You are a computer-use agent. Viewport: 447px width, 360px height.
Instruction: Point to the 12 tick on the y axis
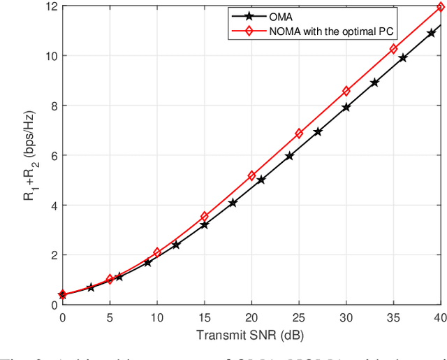(50, 6)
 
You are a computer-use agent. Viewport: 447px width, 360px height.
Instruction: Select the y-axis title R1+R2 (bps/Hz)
(27, 155)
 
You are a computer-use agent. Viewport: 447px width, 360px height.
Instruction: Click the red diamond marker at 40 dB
(441, 7)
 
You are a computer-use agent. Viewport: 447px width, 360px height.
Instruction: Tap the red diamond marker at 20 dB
(251, 176)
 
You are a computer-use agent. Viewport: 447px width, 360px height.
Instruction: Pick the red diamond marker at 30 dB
(346, 91)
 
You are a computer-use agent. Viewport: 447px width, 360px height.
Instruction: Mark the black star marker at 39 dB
(431, 33)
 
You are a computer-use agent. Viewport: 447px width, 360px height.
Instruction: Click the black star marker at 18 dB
(233, 203)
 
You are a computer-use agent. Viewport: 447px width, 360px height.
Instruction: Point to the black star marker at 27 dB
(318, 131)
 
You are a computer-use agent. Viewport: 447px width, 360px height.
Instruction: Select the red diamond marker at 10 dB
(157, 252)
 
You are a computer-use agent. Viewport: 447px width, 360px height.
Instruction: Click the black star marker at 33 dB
(374, 82)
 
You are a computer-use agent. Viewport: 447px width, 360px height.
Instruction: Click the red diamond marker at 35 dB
(393, 49)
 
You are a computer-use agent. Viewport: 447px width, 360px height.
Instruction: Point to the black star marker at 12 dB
(176, 245)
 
